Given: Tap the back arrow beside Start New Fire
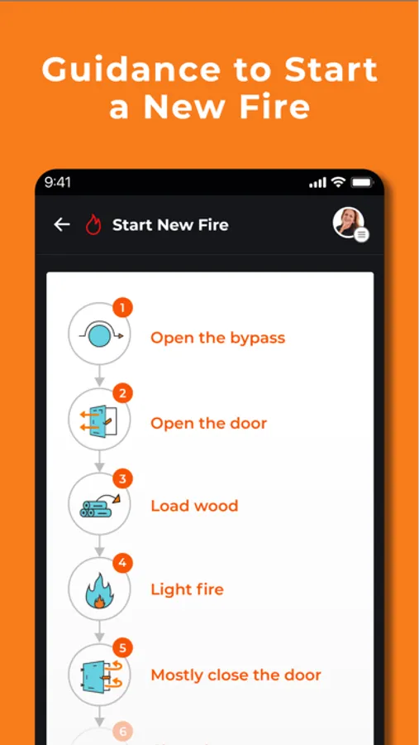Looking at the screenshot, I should click(x=62, y=224).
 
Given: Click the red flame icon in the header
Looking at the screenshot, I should click(x=93, y=224).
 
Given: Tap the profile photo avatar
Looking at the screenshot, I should click(x=348, y=223).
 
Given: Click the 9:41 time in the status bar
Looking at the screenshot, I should click(x=59, y=182).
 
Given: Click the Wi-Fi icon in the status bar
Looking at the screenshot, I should click(x=337, y=182).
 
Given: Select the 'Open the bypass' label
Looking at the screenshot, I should click(x=217, y=338).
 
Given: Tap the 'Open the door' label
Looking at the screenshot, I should click(x=208, y=423).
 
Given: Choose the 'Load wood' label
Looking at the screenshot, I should click(x=194, y=506).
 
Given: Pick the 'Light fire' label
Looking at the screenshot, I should click(x=187, y=589).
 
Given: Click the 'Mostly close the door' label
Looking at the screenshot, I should click(x=236, y=675).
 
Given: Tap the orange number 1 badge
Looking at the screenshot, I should click(x=122, y=309).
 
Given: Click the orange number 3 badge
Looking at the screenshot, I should click(x=122, y=478).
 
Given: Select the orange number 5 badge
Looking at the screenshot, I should click(x=122, y=648).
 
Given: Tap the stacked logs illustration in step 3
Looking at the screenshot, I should click(x=95, y=507).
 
